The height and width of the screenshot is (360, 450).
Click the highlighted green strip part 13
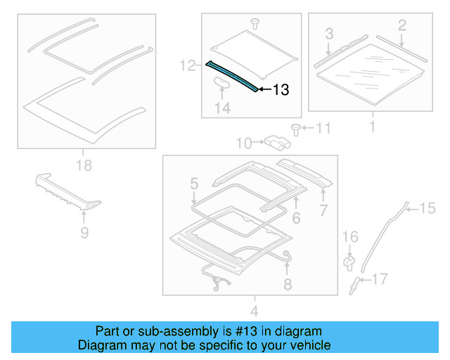tap(232, 76)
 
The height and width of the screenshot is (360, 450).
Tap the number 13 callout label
tap(281, 90)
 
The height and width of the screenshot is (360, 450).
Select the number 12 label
tap(187, 65)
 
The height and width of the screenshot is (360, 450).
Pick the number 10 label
tap(243, 143)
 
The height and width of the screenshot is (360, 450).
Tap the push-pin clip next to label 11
tap(295, 129)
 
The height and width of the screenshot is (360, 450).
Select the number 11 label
tap(322, 128)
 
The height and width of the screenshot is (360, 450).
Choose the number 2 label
tap(401, 26)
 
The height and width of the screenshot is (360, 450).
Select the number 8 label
tap(287, 284)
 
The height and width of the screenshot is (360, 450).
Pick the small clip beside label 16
tap(349, 262)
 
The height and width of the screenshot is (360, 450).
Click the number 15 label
tap(428, 207)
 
